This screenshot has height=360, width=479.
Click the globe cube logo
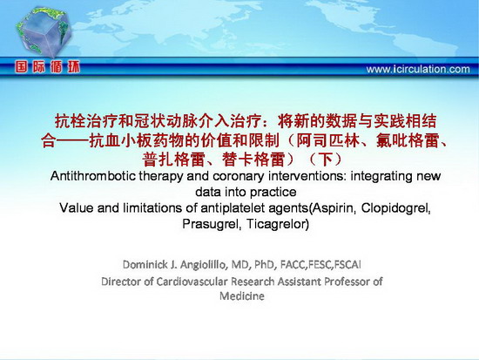[x=44, y=32]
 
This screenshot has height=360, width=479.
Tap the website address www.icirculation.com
[x=418, y=69]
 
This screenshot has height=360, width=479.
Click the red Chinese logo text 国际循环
[x=47, y=67]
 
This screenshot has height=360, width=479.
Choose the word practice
[x=273, y=193]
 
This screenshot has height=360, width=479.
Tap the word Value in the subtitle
[x=77, y=208]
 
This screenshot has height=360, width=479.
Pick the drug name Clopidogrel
[x=396, y=208]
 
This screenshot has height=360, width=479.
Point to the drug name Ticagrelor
[x=276, y=224]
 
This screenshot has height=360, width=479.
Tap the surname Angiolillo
[x=204, y=265]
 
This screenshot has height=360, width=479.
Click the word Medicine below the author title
[x=242, y=295]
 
